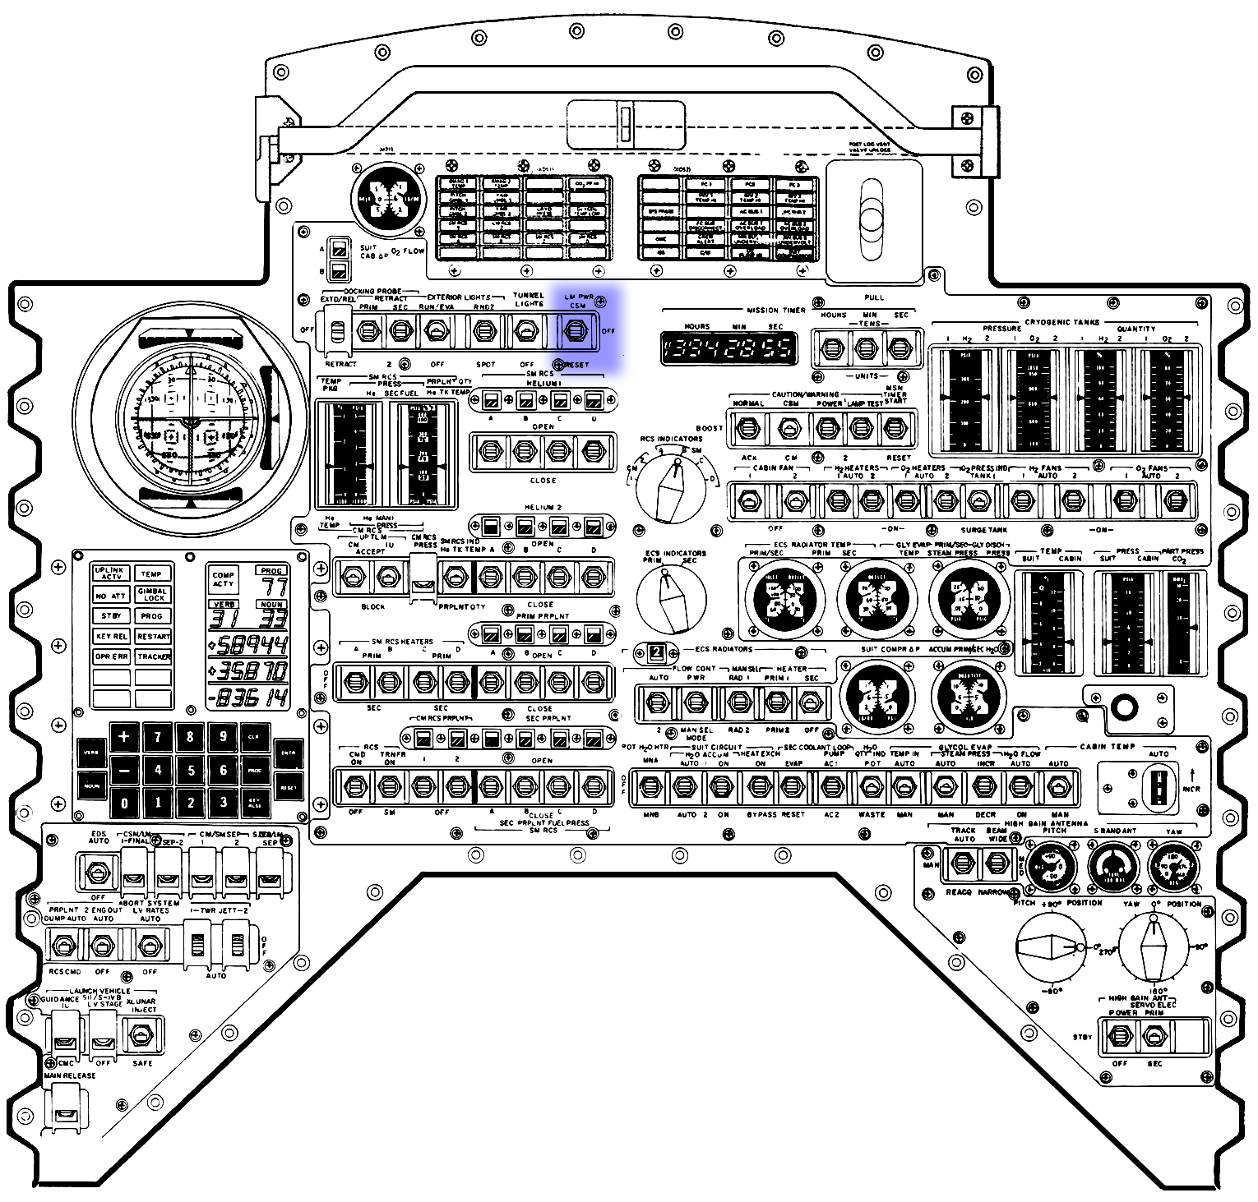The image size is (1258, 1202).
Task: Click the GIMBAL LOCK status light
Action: pyautogui.click(x=153, y=594)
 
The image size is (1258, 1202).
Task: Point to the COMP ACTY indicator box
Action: pyautogui.click(x=224, y=579)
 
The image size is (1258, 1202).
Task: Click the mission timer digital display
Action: pyautogui.click(x=728, y=348)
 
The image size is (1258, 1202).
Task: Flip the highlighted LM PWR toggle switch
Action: pyautogui.click(x=575, y=330)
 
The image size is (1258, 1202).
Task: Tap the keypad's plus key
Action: pyautogui.click(x=124, y=736)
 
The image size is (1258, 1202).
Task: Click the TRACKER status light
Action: pyautogui.click(x=153, y=656)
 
